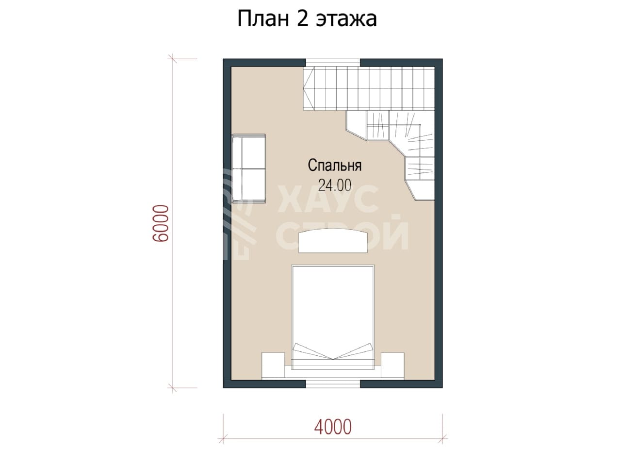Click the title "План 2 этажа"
[307, 19]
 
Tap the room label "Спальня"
[334, 166]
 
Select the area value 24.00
[335, 185]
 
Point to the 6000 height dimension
[161, 223]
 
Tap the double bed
[333, 317]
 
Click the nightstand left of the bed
[273, 365]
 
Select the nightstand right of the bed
[392, 365]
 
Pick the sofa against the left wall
[249, 168]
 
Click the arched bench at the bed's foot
[333, 241]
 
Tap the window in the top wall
[333, 63]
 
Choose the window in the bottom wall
[333, 384]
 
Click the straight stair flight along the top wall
[369, 88]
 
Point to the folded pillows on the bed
[333, 352]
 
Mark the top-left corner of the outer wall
[223, 59]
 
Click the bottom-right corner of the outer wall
[442, 388]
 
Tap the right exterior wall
[439, 223]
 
